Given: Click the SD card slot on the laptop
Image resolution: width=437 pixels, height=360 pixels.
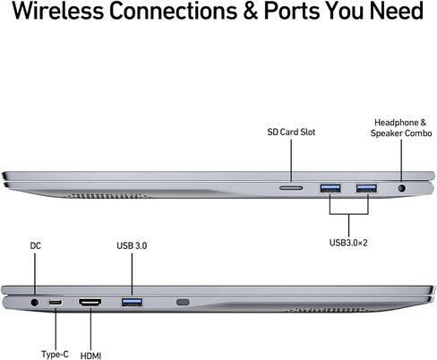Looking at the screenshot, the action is coord(291,188).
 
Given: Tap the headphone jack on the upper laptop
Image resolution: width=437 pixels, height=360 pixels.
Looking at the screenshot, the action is coord(402,188).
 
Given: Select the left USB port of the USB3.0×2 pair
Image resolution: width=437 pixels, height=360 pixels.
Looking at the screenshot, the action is coord(330,188).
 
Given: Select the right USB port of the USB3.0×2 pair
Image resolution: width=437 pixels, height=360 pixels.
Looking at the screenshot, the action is coord(366,188).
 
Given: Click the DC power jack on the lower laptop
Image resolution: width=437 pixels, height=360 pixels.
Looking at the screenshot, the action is coord(35,303).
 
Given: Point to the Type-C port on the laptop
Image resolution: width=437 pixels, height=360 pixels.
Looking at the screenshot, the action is coord(56,303).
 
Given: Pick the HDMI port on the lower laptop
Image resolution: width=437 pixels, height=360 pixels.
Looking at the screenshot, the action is coord(90,303).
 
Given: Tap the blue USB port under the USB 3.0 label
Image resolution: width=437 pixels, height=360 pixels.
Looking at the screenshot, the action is coord(132,303).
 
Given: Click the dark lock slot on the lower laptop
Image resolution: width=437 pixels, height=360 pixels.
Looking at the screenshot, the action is coord(183,302).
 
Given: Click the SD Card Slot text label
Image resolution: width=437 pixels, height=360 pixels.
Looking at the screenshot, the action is coord(291,132).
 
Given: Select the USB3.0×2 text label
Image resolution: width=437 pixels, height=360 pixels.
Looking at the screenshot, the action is coord(348,243).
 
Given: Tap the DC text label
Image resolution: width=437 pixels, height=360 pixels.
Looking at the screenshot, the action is coord(36,245).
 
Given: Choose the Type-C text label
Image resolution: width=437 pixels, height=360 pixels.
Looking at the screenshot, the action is coord(55,354).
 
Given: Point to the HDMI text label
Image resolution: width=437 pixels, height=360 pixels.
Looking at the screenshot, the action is coord(90,356).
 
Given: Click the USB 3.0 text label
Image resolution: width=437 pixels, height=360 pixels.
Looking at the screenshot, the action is coord(132,245).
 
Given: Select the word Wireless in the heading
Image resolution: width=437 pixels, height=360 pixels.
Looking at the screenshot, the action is coord(58,11).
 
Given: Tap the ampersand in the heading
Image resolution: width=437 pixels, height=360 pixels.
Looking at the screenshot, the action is coord(250,11).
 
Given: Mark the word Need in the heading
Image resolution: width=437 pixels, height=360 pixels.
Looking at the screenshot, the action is coord(397,11).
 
